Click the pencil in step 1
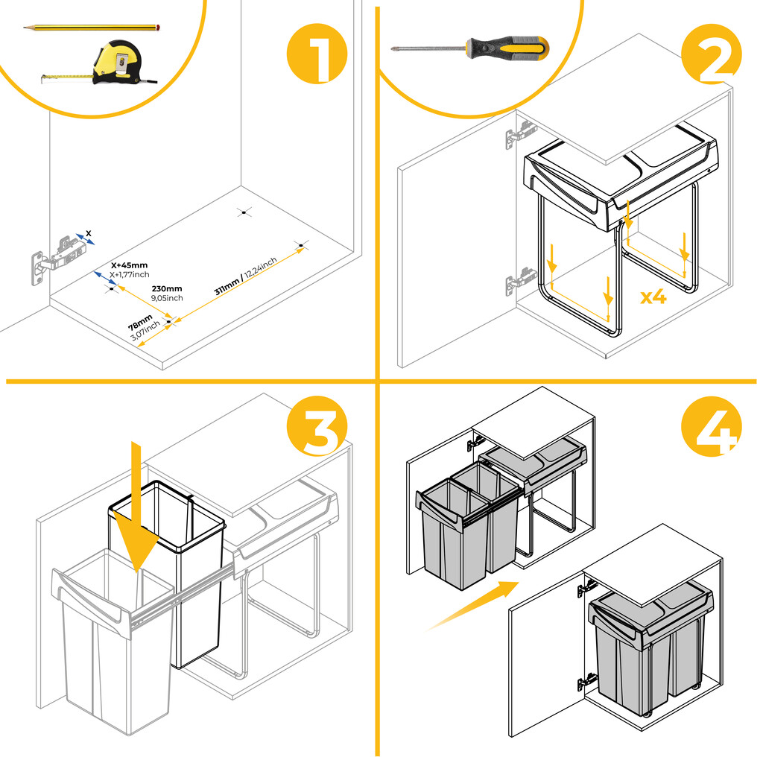(93, 28)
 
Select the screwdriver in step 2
(469, 49)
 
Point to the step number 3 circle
(317, 425)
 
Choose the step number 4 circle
(711, 425)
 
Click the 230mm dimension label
(167, 288)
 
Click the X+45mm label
(129, 265)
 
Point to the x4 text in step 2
(653, 297)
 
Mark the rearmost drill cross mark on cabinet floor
(241, 212)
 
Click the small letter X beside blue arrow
(89, 234)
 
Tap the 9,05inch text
(167, 298)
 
